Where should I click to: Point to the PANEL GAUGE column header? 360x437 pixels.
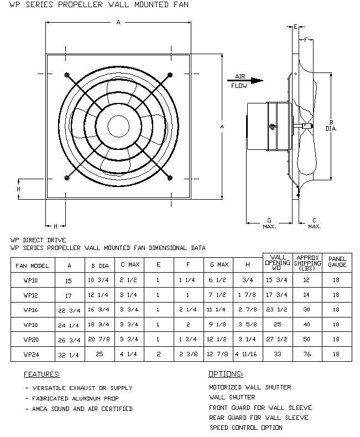(x=336, y=262)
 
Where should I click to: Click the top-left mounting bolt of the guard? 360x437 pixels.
(x=67, y=75)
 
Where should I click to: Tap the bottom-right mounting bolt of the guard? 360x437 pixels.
(x=170, y=177)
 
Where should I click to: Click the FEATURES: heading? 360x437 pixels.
(x=42, y=374)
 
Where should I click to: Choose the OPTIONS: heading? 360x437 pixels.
(x=226, y=374)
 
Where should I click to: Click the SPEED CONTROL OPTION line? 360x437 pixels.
(x=246, y=428)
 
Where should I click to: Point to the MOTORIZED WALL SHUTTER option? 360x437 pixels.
(x=250, y=387)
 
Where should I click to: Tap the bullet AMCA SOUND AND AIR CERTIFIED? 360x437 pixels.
(x=81, y=409)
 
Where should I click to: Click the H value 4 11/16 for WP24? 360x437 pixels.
(x=247, y=353)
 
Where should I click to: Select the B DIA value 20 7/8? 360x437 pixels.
(x=100, y=338)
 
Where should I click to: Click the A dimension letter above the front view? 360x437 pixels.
(x=118, y=22)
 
